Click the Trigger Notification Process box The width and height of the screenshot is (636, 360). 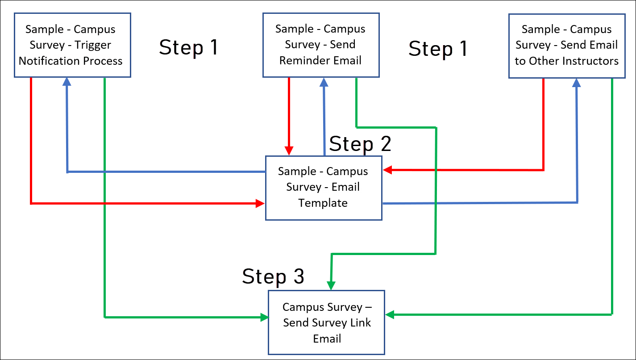coord(72,45)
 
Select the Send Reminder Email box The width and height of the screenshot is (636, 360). coord(320,45)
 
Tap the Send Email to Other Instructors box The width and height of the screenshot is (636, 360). coord(566,45)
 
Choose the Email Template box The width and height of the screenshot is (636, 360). coord(323,188)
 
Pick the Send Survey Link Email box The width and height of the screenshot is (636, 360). coord(326,322)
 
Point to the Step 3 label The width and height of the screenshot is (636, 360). coord(273,276)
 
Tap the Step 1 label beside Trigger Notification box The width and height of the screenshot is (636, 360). coord(188,47)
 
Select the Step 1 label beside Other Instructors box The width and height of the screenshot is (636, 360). coord(438,48)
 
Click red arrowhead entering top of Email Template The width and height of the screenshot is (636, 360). coord(289,151)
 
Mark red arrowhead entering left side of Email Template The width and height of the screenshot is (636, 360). coord(261,204)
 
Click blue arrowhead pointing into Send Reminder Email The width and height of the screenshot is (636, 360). coord(324,82)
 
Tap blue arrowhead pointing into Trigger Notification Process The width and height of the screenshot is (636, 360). coord(67,82)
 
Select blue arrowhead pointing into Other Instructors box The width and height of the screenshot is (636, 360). coord(577,83)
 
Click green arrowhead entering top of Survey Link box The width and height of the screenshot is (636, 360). coord(331,285)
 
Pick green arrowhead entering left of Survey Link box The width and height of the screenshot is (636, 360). coord(264,317)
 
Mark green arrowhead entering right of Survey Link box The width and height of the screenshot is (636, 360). coord(390,315)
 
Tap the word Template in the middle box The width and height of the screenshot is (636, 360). coord(323,203)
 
